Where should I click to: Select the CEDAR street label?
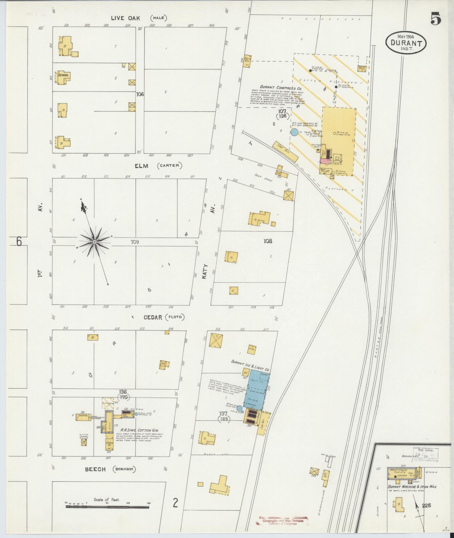(153, 318)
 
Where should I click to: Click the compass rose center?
(95, 242)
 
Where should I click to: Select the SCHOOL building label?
(63, 75)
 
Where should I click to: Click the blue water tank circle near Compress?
(294, 132)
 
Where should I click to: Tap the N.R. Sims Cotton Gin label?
(140, 438)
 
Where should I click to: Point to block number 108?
(268, 241)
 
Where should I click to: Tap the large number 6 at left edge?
(19, 242)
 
